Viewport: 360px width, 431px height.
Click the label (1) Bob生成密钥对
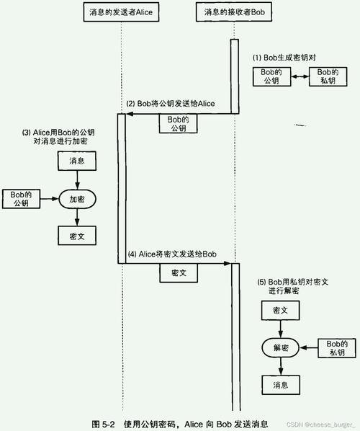tap(284, 57)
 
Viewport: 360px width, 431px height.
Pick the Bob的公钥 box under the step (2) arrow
tap(178, 123)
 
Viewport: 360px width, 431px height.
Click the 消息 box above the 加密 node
tap(77, 161)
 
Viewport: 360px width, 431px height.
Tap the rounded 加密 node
tap(77, 198)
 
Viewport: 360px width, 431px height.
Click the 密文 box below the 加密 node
tap(77, 235)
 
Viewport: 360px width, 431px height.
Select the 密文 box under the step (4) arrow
tap(179, 274)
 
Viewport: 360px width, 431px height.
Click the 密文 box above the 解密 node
tap(281, 310)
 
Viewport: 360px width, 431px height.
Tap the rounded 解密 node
tap(281, 347)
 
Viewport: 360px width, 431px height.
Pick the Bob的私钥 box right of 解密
tap(337, 347)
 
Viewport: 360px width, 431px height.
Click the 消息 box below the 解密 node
tap(281, 386)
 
